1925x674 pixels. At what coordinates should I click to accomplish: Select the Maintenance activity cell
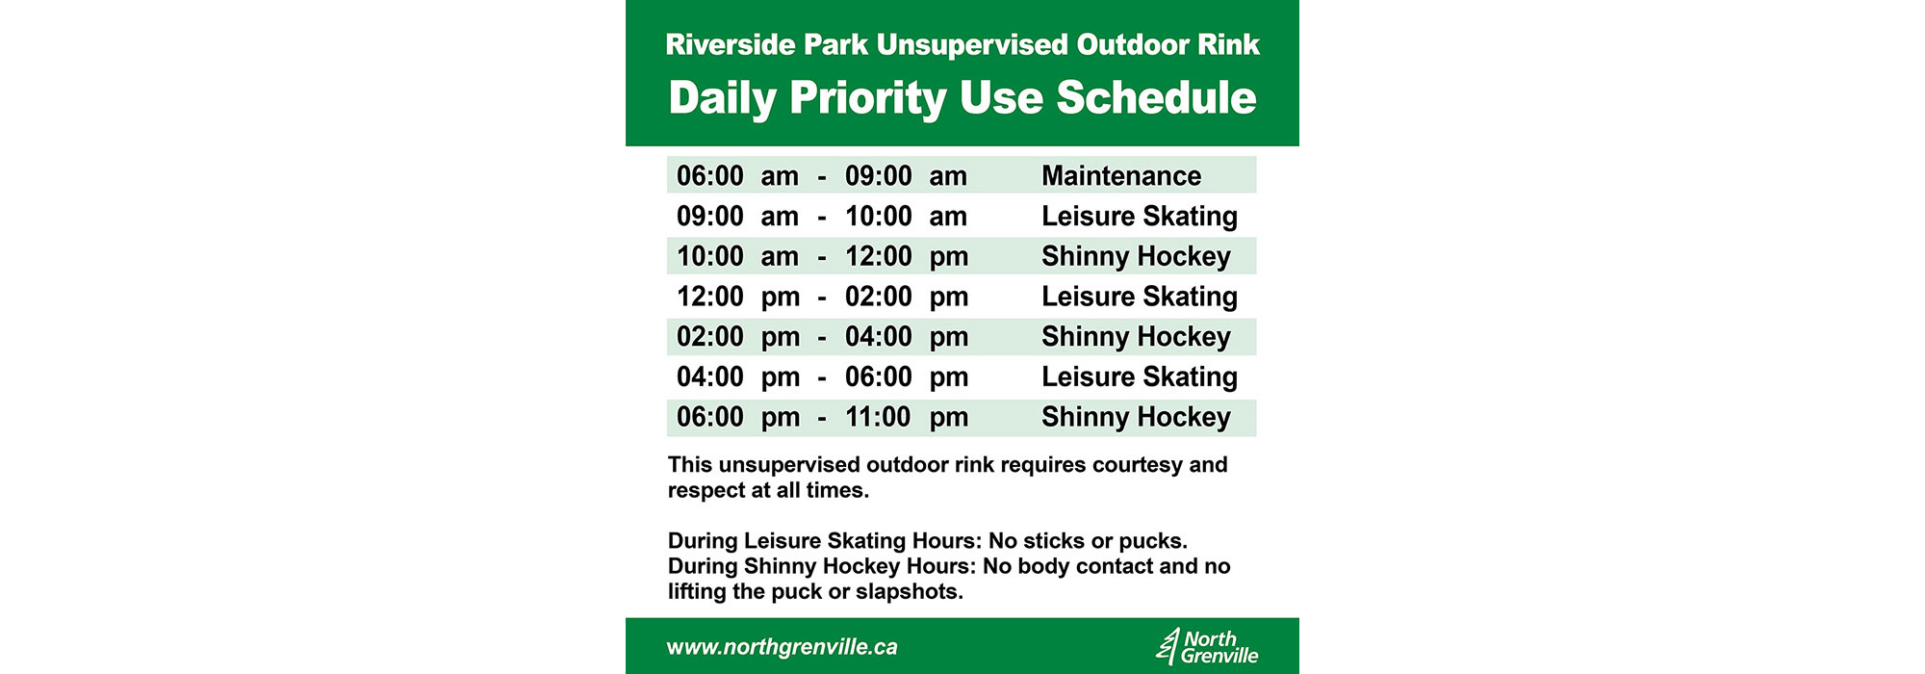click(x=1121, y=176)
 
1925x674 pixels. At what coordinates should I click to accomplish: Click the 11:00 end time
click(x=878, y=417)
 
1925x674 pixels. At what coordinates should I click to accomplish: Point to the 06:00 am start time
click(x=710, y=176)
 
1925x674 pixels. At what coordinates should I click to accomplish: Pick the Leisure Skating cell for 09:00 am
click(x=1139, y=217)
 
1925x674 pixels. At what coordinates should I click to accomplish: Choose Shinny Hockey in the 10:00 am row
click(x=1136, y=257)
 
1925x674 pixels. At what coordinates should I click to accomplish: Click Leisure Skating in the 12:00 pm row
click(x=1139, y=297)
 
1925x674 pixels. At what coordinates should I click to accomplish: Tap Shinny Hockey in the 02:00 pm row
click(x=1136, y=337)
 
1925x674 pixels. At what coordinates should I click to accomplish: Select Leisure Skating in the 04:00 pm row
click(x=1139, y=377)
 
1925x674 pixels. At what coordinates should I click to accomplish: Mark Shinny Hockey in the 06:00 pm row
click(x=1136, y=417)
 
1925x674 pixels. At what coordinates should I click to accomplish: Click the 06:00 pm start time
click(x=710, y=417)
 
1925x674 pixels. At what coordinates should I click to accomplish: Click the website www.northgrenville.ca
click(x=782, y=647)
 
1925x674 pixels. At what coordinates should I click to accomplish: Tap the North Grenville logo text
click(x=1219, y=647)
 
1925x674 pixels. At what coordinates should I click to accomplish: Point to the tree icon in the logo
click(x=1168, y=646)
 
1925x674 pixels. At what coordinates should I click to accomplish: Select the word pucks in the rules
click(x=1152, y=541)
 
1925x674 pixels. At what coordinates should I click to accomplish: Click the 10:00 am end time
click(x=878, y=217)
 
